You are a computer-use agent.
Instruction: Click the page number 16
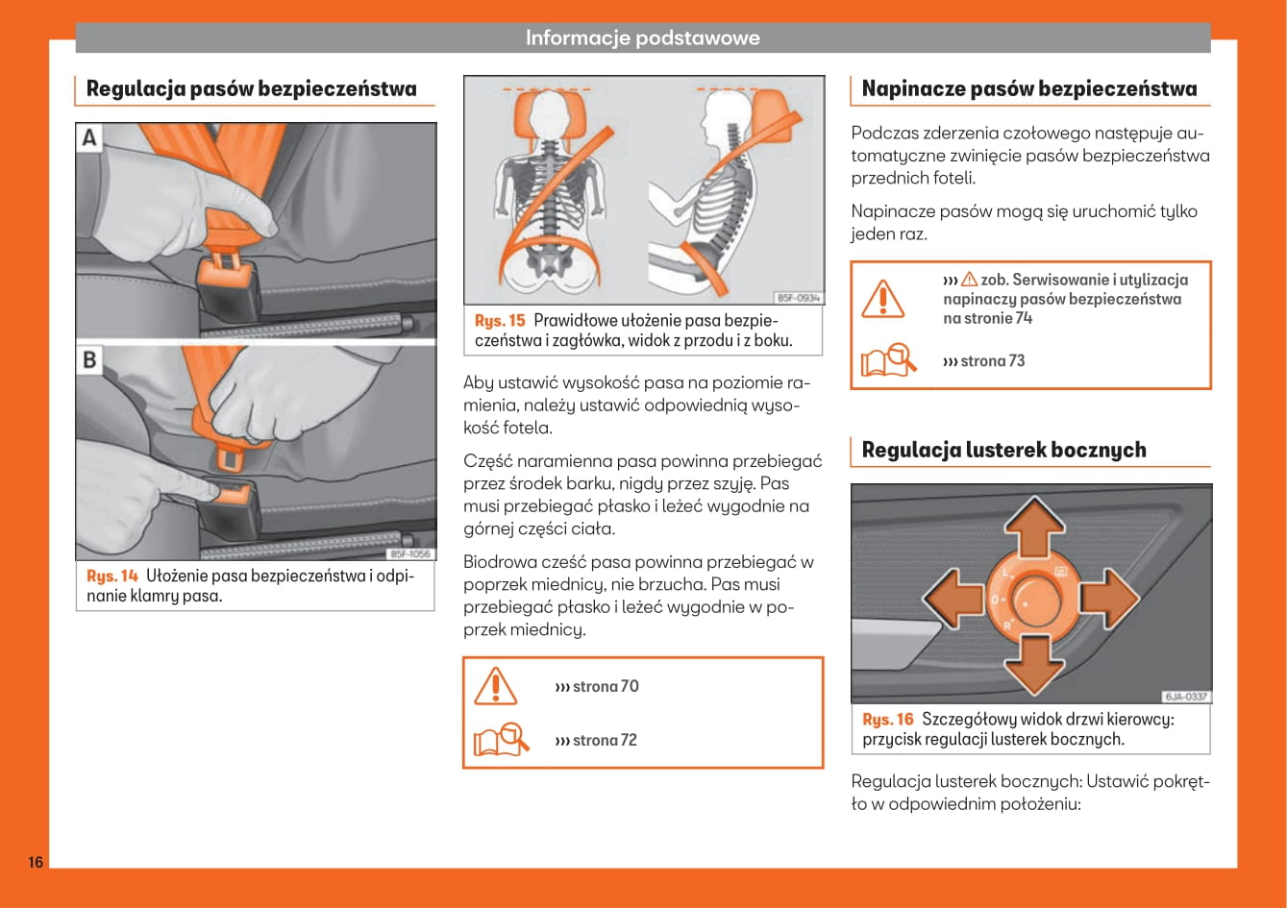pos(35,861)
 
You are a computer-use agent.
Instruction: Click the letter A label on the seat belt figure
pos(89,137)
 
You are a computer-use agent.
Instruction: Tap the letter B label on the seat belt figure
pos(89,360)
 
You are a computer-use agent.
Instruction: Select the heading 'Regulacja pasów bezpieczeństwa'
pos(252,89)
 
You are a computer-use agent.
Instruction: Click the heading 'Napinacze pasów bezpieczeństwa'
pos(1029,89)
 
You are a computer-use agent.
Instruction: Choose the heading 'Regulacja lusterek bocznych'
pos(1003,450)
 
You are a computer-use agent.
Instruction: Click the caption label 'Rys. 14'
pos(112,577)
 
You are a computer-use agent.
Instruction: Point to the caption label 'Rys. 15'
pos(501,321)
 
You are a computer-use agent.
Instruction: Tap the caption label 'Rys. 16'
pos(888,720)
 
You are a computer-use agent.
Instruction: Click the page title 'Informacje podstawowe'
pos(642,38)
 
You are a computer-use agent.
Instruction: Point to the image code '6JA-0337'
pos(1186,697)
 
